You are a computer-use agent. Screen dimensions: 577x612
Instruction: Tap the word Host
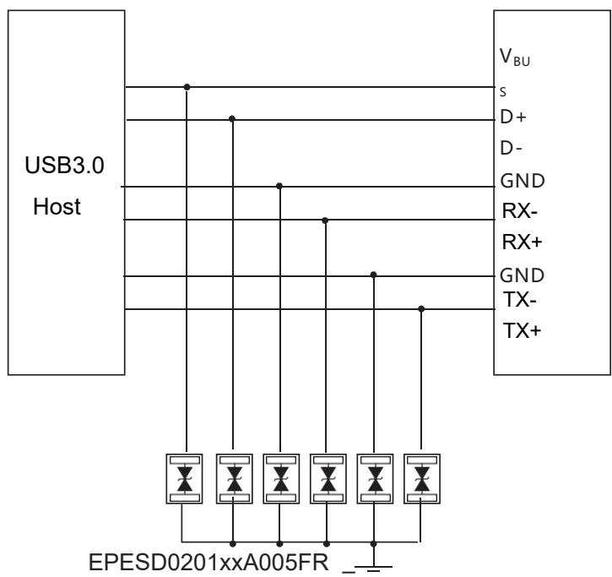coord(57,207)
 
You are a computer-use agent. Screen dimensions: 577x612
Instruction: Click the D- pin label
coord(512,149)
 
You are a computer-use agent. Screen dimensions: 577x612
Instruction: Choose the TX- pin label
coord(513,297)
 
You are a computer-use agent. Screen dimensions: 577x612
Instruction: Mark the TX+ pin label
coord(515,331)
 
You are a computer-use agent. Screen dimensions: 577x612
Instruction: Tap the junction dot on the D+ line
coord(232,119)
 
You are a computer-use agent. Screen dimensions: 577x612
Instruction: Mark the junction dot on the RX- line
coord(326,220)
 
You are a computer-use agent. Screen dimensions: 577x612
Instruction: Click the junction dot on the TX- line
coord(421,308)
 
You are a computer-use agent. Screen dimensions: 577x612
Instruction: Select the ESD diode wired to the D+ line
coord(232,478)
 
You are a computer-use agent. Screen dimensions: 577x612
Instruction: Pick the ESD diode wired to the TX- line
coord(420,478)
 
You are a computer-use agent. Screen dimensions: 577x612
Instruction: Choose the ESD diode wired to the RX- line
coord(326,478)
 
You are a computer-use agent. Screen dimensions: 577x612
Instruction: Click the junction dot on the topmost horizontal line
coord(186,86)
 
